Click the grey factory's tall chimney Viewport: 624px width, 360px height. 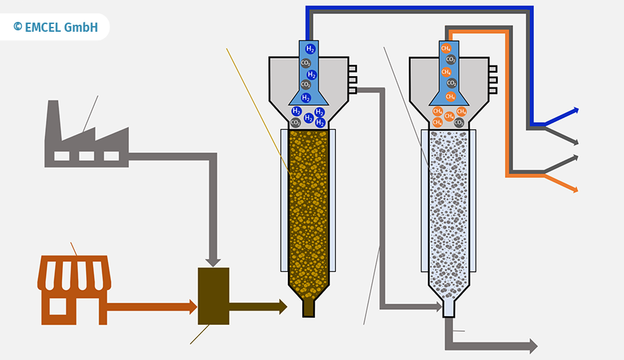click(54, 119)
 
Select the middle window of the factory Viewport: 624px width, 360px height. click(86, 156)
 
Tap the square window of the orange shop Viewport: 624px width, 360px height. click(58, 306)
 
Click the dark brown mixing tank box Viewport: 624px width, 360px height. click(214, 296)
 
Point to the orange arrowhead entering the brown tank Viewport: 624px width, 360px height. click(193, 307)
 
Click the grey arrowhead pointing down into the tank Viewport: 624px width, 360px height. click(213, 263)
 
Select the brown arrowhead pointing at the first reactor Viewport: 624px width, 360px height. click(283, 306)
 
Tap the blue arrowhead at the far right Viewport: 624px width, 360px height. click(575, 111)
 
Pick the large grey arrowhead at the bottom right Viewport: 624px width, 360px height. click(533, 346)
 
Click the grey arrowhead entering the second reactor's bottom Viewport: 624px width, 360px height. click(439, 306)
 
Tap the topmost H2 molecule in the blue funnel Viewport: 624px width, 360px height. click(310, 49)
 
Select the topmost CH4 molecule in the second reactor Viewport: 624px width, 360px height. click(445, 49)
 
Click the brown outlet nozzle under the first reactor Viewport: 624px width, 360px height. click(308, 308)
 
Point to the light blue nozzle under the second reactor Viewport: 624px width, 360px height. click(448, 308)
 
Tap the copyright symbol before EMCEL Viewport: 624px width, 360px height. click(18, 27)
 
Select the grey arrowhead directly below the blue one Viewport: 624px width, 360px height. click(575, 142)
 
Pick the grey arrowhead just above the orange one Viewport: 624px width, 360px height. click(575, 158)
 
